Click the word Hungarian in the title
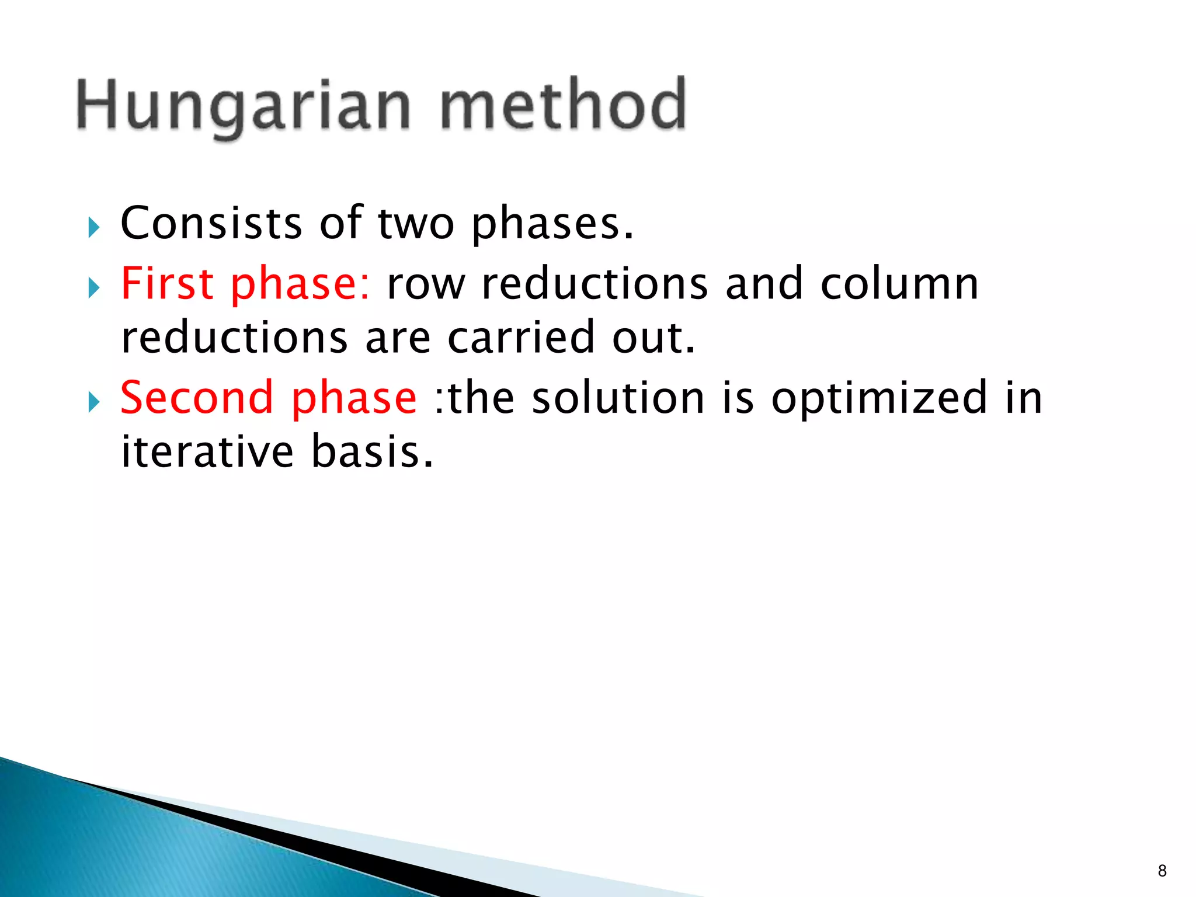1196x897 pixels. [244, 106]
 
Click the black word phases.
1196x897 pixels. [552, 225]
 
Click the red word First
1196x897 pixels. [167, 284]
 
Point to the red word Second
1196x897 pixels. [197, 398]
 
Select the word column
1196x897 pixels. [899, 284]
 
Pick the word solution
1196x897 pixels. [618, 398]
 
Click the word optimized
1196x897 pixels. [879, 399]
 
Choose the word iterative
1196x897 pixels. [207, 452]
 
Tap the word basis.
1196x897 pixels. [372, 452]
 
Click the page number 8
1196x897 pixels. [1162, 871]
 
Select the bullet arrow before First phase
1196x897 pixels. [93, 287]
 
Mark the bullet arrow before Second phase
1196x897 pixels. [93, 401]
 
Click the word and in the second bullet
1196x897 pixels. [764, 284]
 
